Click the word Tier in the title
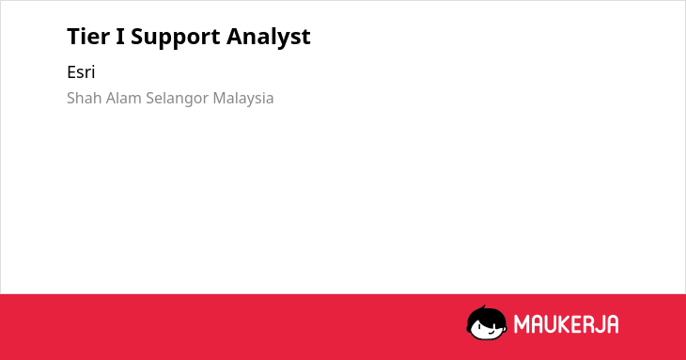[x=88, y=36]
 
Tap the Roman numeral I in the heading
[x=120, y=37]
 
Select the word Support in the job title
[x=175, y=38]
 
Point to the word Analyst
[x=268, y=38]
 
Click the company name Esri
[x=81, y=72]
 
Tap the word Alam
[x=124, y=98]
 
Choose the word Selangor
[x=178, y=99]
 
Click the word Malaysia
[x=243, y=99]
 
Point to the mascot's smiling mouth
[x=491, y=332]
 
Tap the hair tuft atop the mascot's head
[x=483, y=307]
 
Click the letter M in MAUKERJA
[x=522, y=324]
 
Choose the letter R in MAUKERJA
[x=588, y=324]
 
